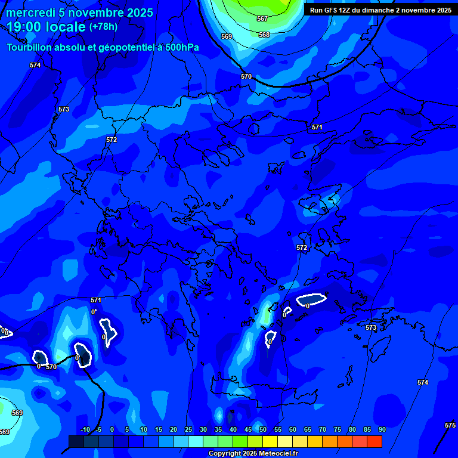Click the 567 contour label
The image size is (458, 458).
262,19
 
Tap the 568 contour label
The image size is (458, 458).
264,35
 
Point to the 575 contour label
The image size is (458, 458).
450,425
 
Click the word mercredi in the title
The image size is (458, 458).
30,13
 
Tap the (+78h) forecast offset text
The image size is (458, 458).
103,26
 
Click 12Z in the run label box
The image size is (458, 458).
346,10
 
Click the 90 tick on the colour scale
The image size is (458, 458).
382,429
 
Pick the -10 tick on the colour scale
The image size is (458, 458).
85,429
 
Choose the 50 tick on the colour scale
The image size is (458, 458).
263,429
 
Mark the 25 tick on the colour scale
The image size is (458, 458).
188,429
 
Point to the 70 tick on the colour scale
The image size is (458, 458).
323,429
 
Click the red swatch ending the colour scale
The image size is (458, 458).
374,441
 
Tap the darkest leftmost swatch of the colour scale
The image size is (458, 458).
76,441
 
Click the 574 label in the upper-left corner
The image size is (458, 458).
35,65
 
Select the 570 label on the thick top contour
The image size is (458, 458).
246,76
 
